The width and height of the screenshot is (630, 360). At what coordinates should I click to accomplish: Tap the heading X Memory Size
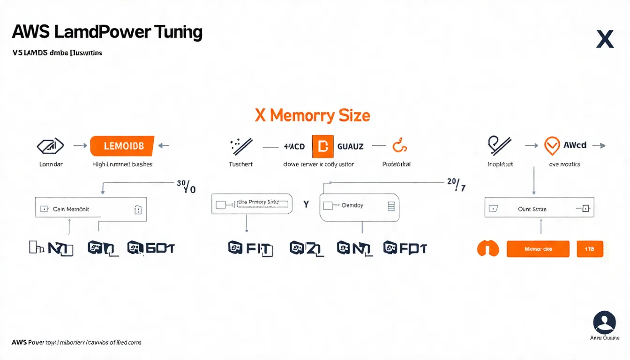tap(312, 115)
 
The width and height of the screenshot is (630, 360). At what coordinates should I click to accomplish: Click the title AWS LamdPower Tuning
tap(107, 32)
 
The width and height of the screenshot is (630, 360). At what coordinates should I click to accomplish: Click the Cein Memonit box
tap(91, 209)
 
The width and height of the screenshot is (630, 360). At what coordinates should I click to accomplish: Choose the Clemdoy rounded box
tap(359, 206)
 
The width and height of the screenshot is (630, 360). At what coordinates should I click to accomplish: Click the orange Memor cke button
tap(538, 249)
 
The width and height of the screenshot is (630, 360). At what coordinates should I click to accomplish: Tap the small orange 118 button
tap(590, 249)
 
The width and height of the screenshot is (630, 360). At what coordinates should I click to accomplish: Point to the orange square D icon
tap(322, 146)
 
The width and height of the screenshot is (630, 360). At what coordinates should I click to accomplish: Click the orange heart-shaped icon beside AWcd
tap(552, 146)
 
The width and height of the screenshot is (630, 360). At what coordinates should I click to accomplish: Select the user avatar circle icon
tap(604, 322)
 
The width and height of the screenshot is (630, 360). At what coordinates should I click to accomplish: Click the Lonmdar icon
tap(50, 146)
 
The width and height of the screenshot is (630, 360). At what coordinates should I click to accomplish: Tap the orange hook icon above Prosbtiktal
tap(399, 146)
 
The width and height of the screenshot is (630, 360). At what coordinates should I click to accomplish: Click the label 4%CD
tap(294, 146)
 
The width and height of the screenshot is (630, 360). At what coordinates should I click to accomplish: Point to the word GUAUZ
tap(350, 146)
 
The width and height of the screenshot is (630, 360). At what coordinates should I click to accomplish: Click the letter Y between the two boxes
tap(306, 204)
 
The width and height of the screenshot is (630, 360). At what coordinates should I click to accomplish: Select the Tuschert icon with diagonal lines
tap(242, 146)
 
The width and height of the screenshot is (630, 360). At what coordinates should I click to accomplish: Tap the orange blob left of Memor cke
tap(488, 249)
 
